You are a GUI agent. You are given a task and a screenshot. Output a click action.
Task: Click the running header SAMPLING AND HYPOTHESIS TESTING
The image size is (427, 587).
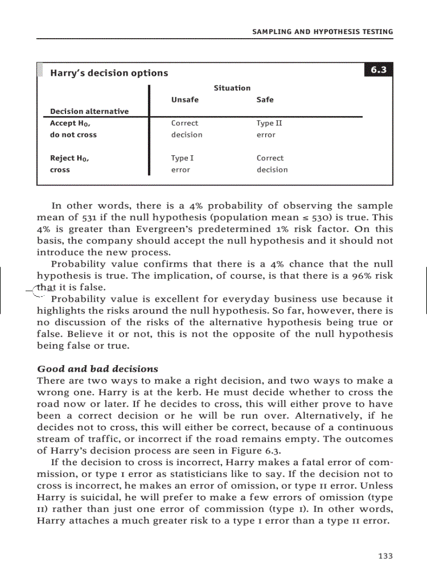[322, 32]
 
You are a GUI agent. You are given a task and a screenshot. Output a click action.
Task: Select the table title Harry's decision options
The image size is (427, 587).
[109, 73]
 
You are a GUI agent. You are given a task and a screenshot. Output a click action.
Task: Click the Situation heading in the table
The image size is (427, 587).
[232, 88]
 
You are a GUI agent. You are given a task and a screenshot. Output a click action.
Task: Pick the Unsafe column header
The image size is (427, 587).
[185, 100]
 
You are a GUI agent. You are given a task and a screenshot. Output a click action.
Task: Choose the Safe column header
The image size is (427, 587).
[265, 100]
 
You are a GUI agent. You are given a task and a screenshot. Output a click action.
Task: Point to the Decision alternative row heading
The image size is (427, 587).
[89, 111]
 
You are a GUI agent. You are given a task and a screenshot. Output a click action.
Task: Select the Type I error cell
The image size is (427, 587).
[182, 164]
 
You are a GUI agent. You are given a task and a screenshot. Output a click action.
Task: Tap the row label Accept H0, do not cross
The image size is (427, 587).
[73, 129]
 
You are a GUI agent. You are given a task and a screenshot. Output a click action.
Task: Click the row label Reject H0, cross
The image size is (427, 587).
[69, 164]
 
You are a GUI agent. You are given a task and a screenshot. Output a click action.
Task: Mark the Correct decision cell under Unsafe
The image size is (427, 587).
[186, 129]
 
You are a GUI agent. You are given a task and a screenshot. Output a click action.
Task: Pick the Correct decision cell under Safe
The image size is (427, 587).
[272, 164]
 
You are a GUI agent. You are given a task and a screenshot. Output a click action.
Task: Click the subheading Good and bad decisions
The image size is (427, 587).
[97, 369]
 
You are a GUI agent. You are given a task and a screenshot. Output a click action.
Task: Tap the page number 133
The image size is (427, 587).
[385, 556]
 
